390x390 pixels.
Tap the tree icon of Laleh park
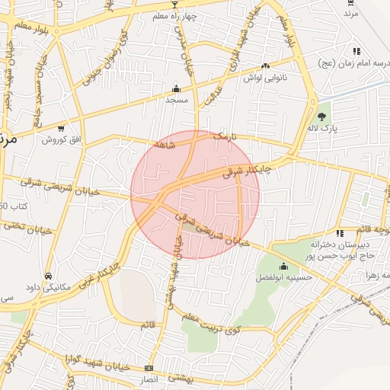[x=322, y=117]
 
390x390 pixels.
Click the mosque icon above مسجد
[x=177, y=88]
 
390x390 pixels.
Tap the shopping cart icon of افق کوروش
[x=61, y=128]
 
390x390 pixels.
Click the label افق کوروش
[x=61, y=140]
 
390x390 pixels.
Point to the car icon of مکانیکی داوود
[x=49, y=275]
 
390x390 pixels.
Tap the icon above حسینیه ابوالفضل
[x=284, y=267]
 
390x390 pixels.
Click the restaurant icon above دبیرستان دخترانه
[x=339, y=232]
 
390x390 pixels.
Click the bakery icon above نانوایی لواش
[x=265, y=66]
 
